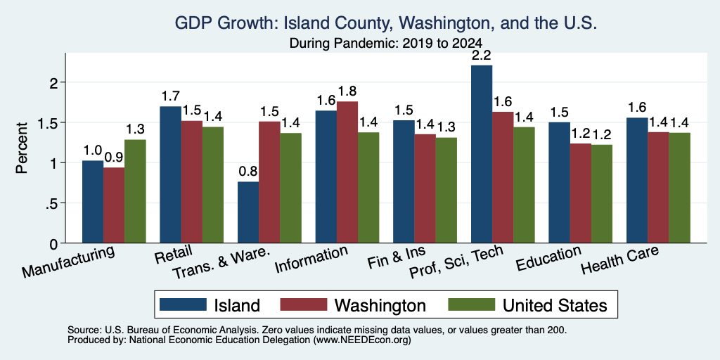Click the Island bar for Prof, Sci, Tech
click(482, 154)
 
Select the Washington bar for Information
click(347, 172)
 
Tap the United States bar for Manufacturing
click(135, 191)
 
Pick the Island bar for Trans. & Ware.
click(248, 212)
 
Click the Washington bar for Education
click(580, 193)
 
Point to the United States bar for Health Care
click(680, 188)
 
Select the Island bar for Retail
click(170, 175)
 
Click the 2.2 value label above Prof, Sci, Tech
click(482, 56)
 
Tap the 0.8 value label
click(248, 172)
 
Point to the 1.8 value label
click(347, 91)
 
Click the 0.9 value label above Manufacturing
click(114, 158)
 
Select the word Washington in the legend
click(380, 305)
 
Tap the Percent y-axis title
click(22, 148)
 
